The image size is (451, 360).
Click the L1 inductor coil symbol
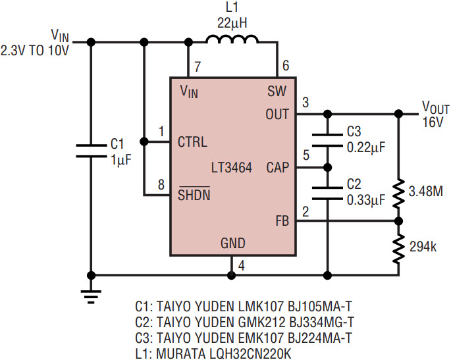(x=232, y=41)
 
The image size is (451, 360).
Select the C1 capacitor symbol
(x=90, y=149)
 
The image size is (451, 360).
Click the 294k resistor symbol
(x=398, y=247)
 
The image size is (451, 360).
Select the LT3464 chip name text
(x=231, y=168)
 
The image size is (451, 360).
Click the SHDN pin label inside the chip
(x=194, y=195)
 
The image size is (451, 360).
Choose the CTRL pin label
(x=193, y=141)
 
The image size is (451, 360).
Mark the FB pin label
(x=282, y=222)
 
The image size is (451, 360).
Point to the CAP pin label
(x=277, y=168)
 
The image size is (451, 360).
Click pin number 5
(x=305, y=156)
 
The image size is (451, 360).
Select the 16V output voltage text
(x=433, y=122)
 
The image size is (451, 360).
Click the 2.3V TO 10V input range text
(x=35, y=49)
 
